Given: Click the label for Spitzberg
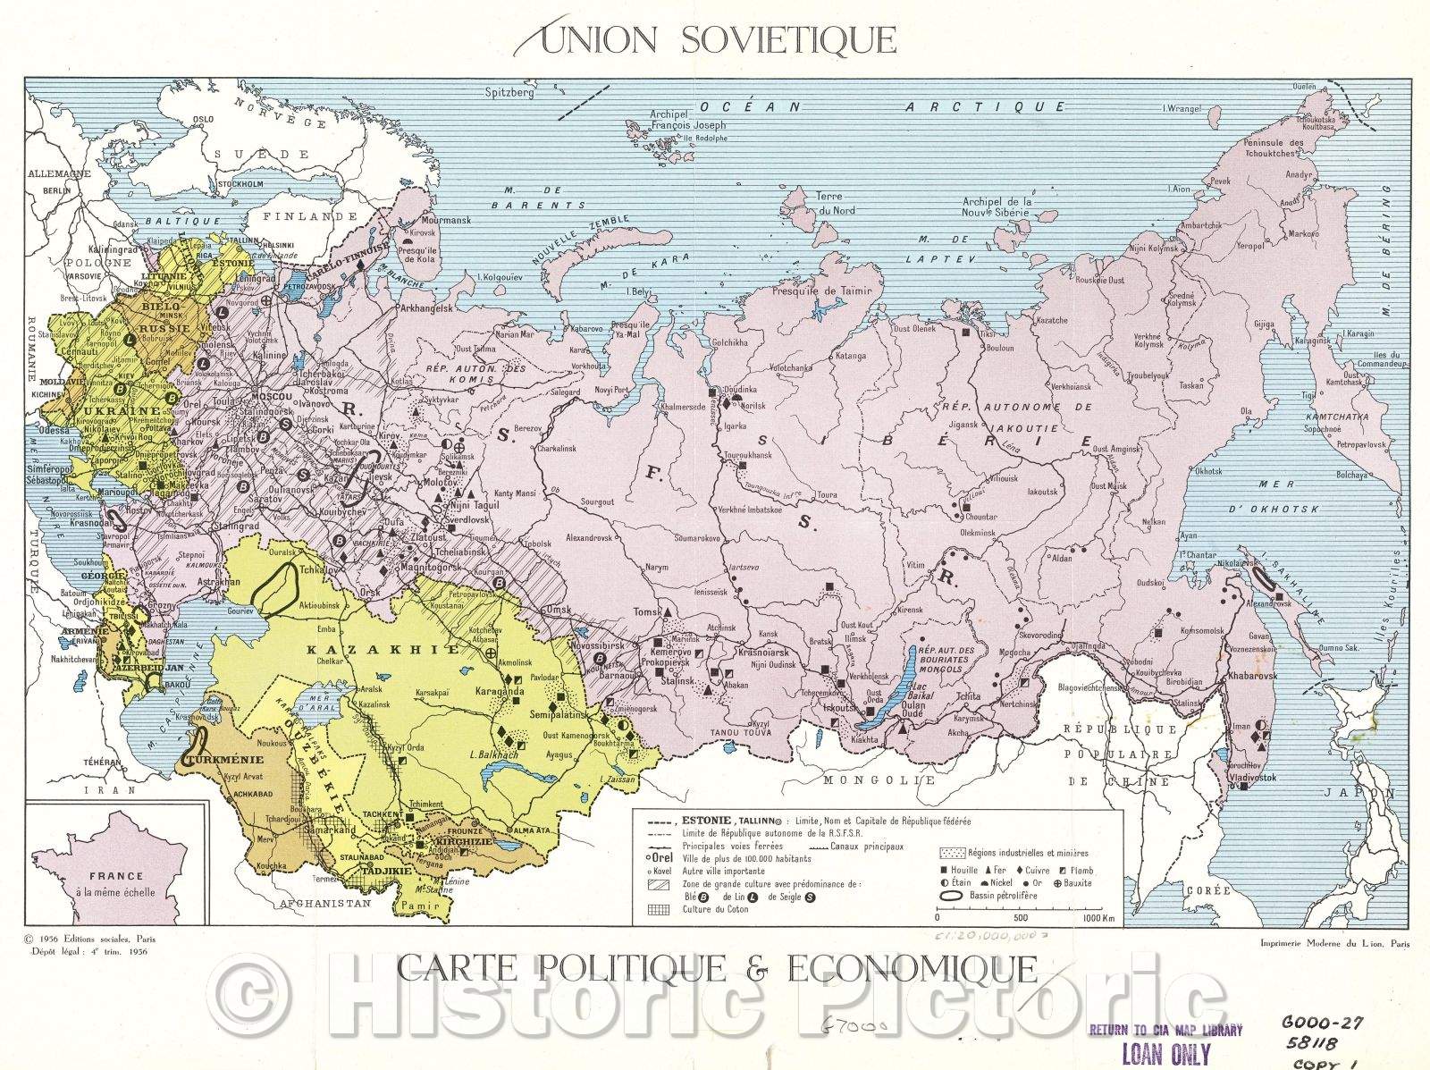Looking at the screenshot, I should pos(509,92).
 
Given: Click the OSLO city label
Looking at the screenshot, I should pos(204,119).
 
